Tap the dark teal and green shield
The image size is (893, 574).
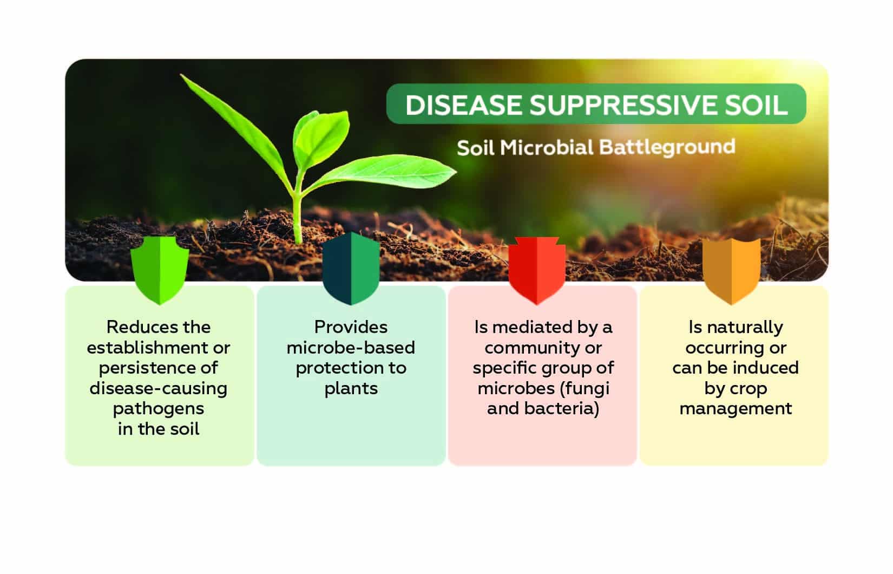pos(351,268)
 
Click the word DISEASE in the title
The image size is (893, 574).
pos(463,105)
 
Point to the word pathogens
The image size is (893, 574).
pos(159,409)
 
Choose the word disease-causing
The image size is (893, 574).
pos(159,388)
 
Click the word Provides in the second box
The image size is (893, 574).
pos(351,327)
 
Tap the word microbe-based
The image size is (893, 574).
pos(351,348)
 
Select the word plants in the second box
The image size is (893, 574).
pos(351,388)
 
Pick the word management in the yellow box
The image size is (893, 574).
pos(736,408)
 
